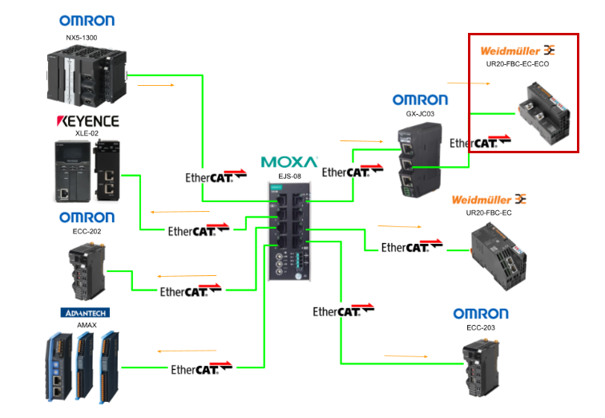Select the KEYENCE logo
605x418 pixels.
pyautogui.click(x=87, y=121)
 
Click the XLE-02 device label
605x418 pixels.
pyautogui.click(x=87, y=134)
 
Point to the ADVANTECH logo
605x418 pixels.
pyautogui.click(x=84, y=312)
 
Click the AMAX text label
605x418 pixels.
pyautogui.click(x=86, y=324)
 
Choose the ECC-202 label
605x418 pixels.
pyautogui.click(x=86, y=231)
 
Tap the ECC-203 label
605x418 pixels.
pyautogui.click(x=480, y=327)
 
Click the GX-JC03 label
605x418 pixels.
pyautogui.click(x=420, y=114)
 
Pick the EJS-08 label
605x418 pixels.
pyautogui.click(x=288, y=176)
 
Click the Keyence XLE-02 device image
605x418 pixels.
pyautogui.click(x=86, y=171)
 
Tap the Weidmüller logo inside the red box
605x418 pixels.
pyautogui.click(x=517, y=50)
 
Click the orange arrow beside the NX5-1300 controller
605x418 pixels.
pyautogui.click(x=157, y=83)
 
